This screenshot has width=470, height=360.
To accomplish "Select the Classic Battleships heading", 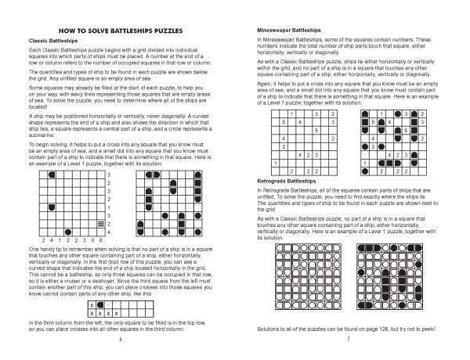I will point(49,39).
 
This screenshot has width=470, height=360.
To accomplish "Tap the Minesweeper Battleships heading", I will point(284,28).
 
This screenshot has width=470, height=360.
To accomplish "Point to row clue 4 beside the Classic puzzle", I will point(107,211).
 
